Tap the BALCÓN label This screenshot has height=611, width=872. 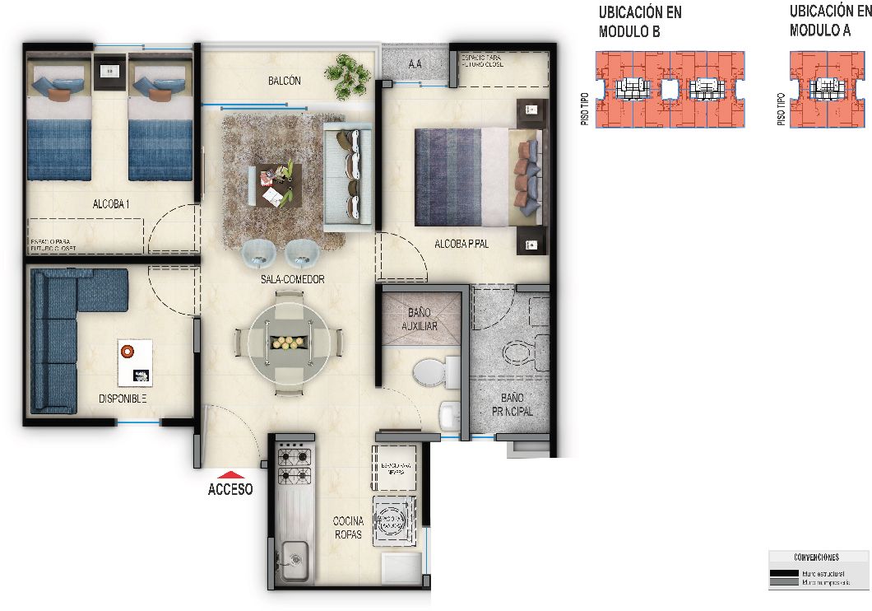[x=285, y=81]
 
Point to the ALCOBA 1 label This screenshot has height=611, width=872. [x=111, y=203]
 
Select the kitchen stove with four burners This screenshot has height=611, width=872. [x=294, y=464]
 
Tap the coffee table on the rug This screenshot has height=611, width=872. [x=276, y=185]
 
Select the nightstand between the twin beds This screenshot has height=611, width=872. [x=109, y=72]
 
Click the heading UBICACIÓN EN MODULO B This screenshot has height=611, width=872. [x=640, y=22]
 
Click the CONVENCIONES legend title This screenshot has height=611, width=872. [x=817, y=557]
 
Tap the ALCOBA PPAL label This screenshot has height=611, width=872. [x=462, y=244]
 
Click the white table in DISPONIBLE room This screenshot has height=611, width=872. [x=135, y=362]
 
